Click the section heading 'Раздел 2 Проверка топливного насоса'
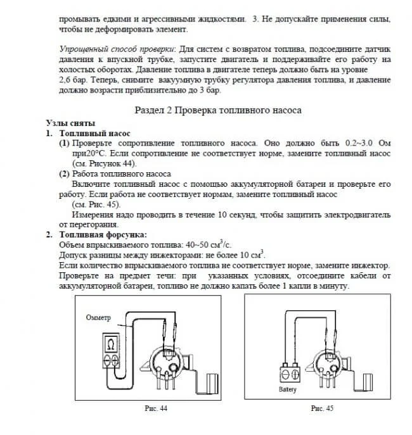pos(218,110)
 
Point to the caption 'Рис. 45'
pos(321,409)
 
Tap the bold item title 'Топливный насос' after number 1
pos(94,134)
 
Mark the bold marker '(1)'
pos(64,144)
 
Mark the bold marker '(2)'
pos(64,173)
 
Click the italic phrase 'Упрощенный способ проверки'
pos(116,49)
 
